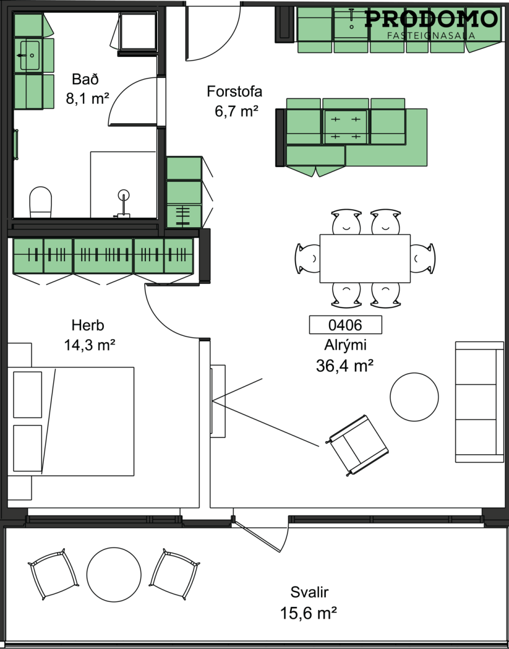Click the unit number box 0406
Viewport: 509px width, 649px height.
tap(345, 325)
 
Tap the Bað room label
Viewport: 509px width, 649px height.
tap(85, 80)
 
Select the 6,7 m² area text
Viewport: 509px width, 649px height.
tap(236, 111)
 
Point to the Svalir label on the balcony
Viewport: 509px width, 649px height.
tap(310, 592)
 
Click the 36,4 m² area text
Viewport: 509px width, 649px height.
tap(345, 365)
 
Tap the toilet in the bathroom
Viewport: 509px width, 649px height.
tap(41, 202)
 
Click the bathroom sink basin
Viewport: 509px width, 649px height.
tap(30, 56)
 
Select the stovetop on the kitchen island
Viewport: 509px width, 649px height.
tap(345, 128)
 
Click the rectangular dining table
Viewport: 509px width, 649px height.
tap(365, 259)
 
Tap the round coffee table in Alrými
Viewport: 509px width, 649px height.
tap(414, 396)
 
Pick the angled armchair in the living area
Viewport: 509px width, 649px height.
tap(358, 445)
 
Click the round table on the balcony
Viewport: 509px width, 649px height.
tap(114, 574)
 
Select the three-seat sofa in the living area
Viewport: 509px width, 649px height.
tap(479, 402)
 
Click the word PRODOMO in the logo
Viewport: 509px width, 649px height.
tap(431, 18)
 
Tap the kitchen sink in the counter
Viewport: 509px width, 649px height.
tap(351, 23)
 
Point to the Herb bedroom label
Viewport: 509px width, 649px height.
tap(88, 325)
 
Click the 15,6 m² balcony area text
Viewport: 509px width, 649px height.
tap(309, 613)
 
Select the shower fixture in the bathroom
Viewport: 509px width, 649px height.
tap(123, 203)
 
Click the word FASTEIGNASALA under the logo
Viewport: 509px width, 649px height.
tap(431, 36)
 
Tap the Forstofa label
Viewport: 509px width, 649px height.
tap(235, 91)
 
